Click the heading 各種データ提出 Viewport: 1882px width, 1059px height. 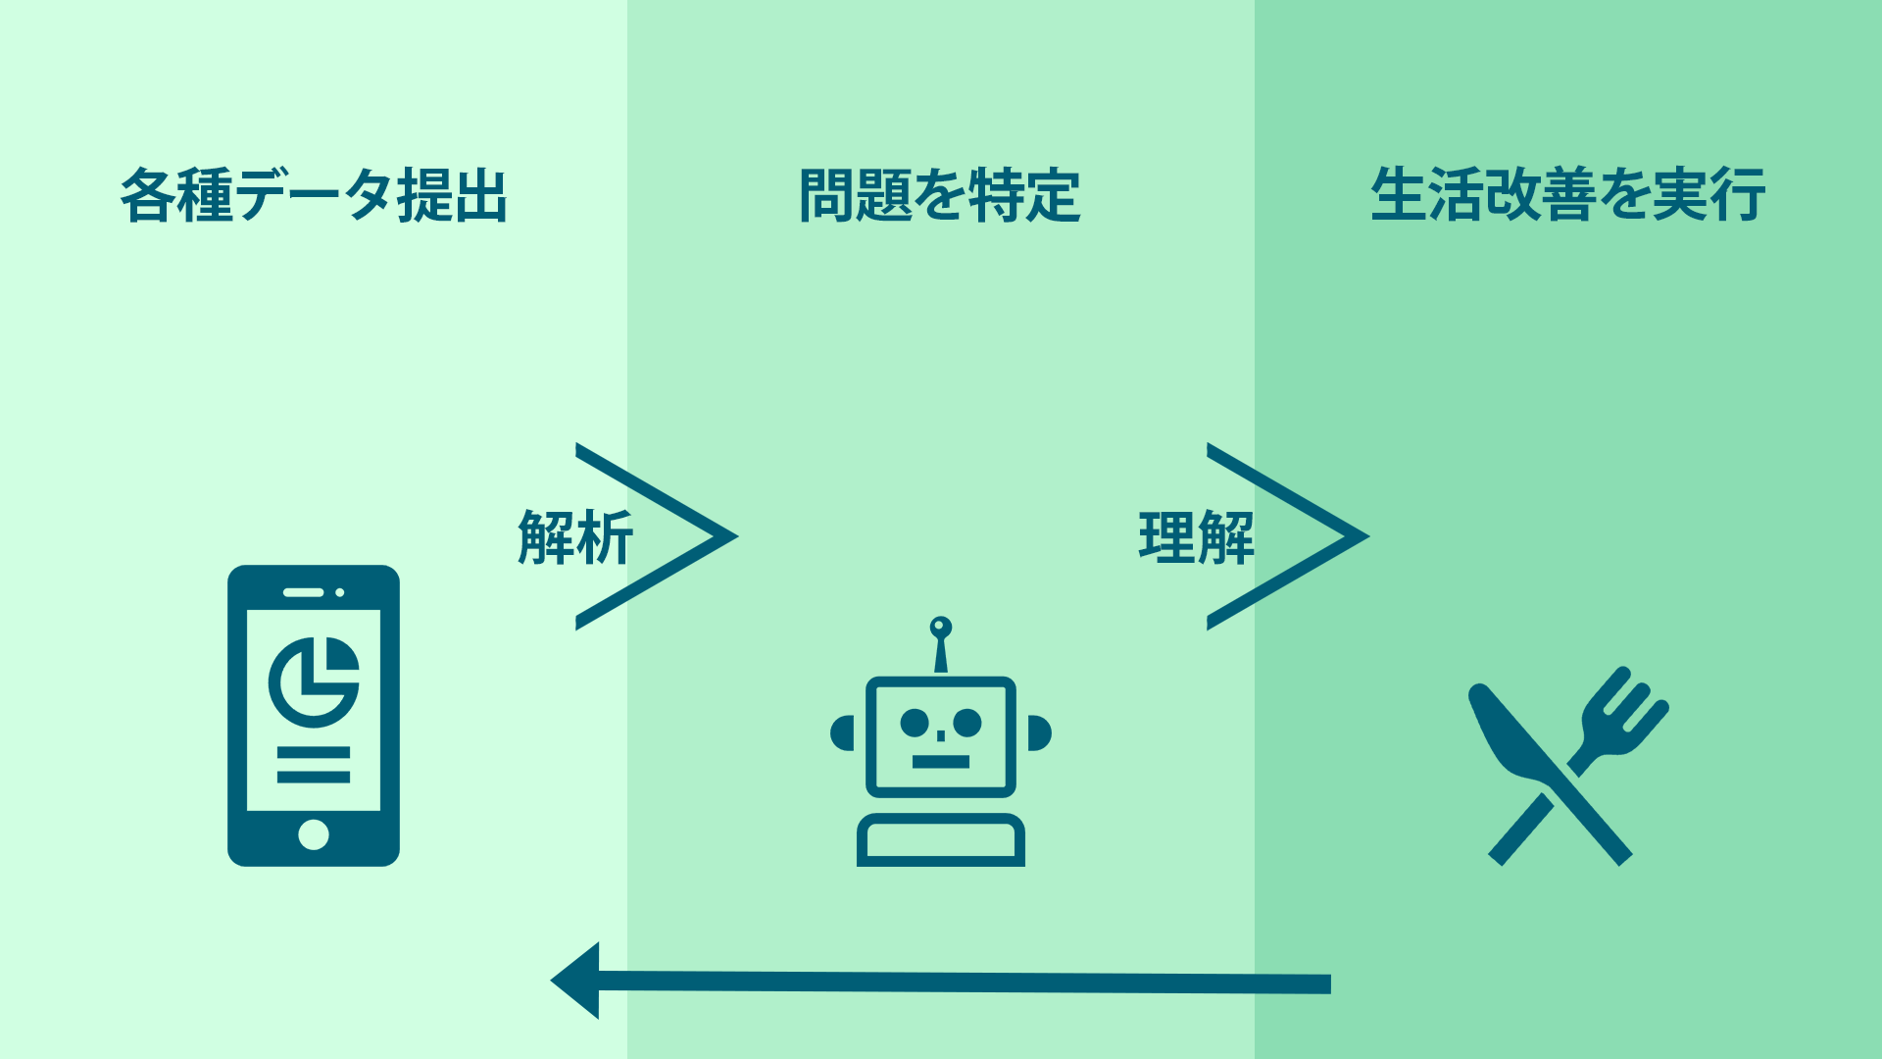pos(314,195)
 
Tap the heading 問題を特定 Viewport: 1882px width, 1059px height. pos(940,195)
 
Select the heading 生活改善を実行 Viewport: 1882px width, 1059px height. pos(1567,195)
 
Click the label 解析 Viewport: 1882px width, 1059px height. pos(575,537)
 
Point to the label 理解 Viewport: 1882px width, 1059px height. pos(1196,537)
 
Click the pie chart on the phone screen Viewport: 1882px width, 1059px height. pos(314,681)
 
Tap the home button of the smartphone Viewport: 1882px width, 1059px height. pos(314,834)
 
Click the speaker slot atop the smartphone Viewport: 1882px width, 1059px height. pos(303,592)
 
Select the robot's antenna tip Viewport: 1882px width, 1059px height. pos(941,627)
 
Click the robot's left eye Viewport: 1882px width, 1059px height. pos(915,723)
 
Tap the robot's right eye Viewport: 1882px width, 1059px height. pos(967,723)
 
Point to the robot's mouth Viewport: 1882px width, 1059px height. pos(941,761)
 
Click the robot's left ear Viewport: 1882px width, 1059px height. pos(842,733)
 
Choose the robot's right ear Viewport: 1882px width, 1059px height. pos(1040,733)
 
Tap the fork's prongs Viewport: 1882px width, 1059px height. pos(1631,702)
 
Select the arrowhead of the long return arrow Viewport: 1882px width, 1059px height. pos(578,981)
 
